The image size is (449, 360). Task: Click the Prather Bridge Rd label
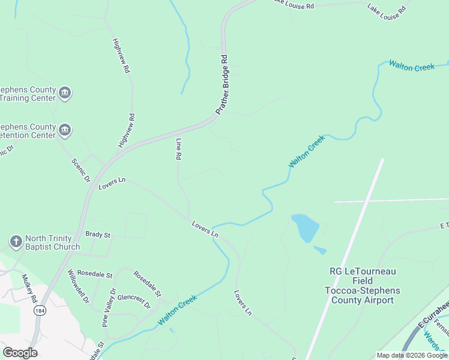click(223, 85)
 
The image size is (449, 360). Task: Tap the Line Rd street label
click(178, 149)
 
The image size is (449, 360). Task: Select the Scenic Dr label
click(80, 170)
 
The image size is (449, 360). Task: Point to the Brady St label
click(98, 235)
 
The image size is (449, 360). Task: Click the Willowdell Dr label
click(79, 286)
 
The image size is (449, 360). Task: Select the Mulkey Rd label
click(29, 287)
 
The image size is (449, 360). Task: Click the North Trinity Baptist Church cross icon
click(16, 242)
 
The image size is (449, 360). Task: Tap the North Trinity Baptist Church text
click(52, 242)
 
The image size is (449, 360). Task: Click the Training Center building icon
click(65, 93)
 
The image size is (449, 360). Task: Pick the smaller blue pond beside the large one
click(319, 250)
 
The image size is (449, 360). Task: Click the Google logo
click(20, 353)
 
